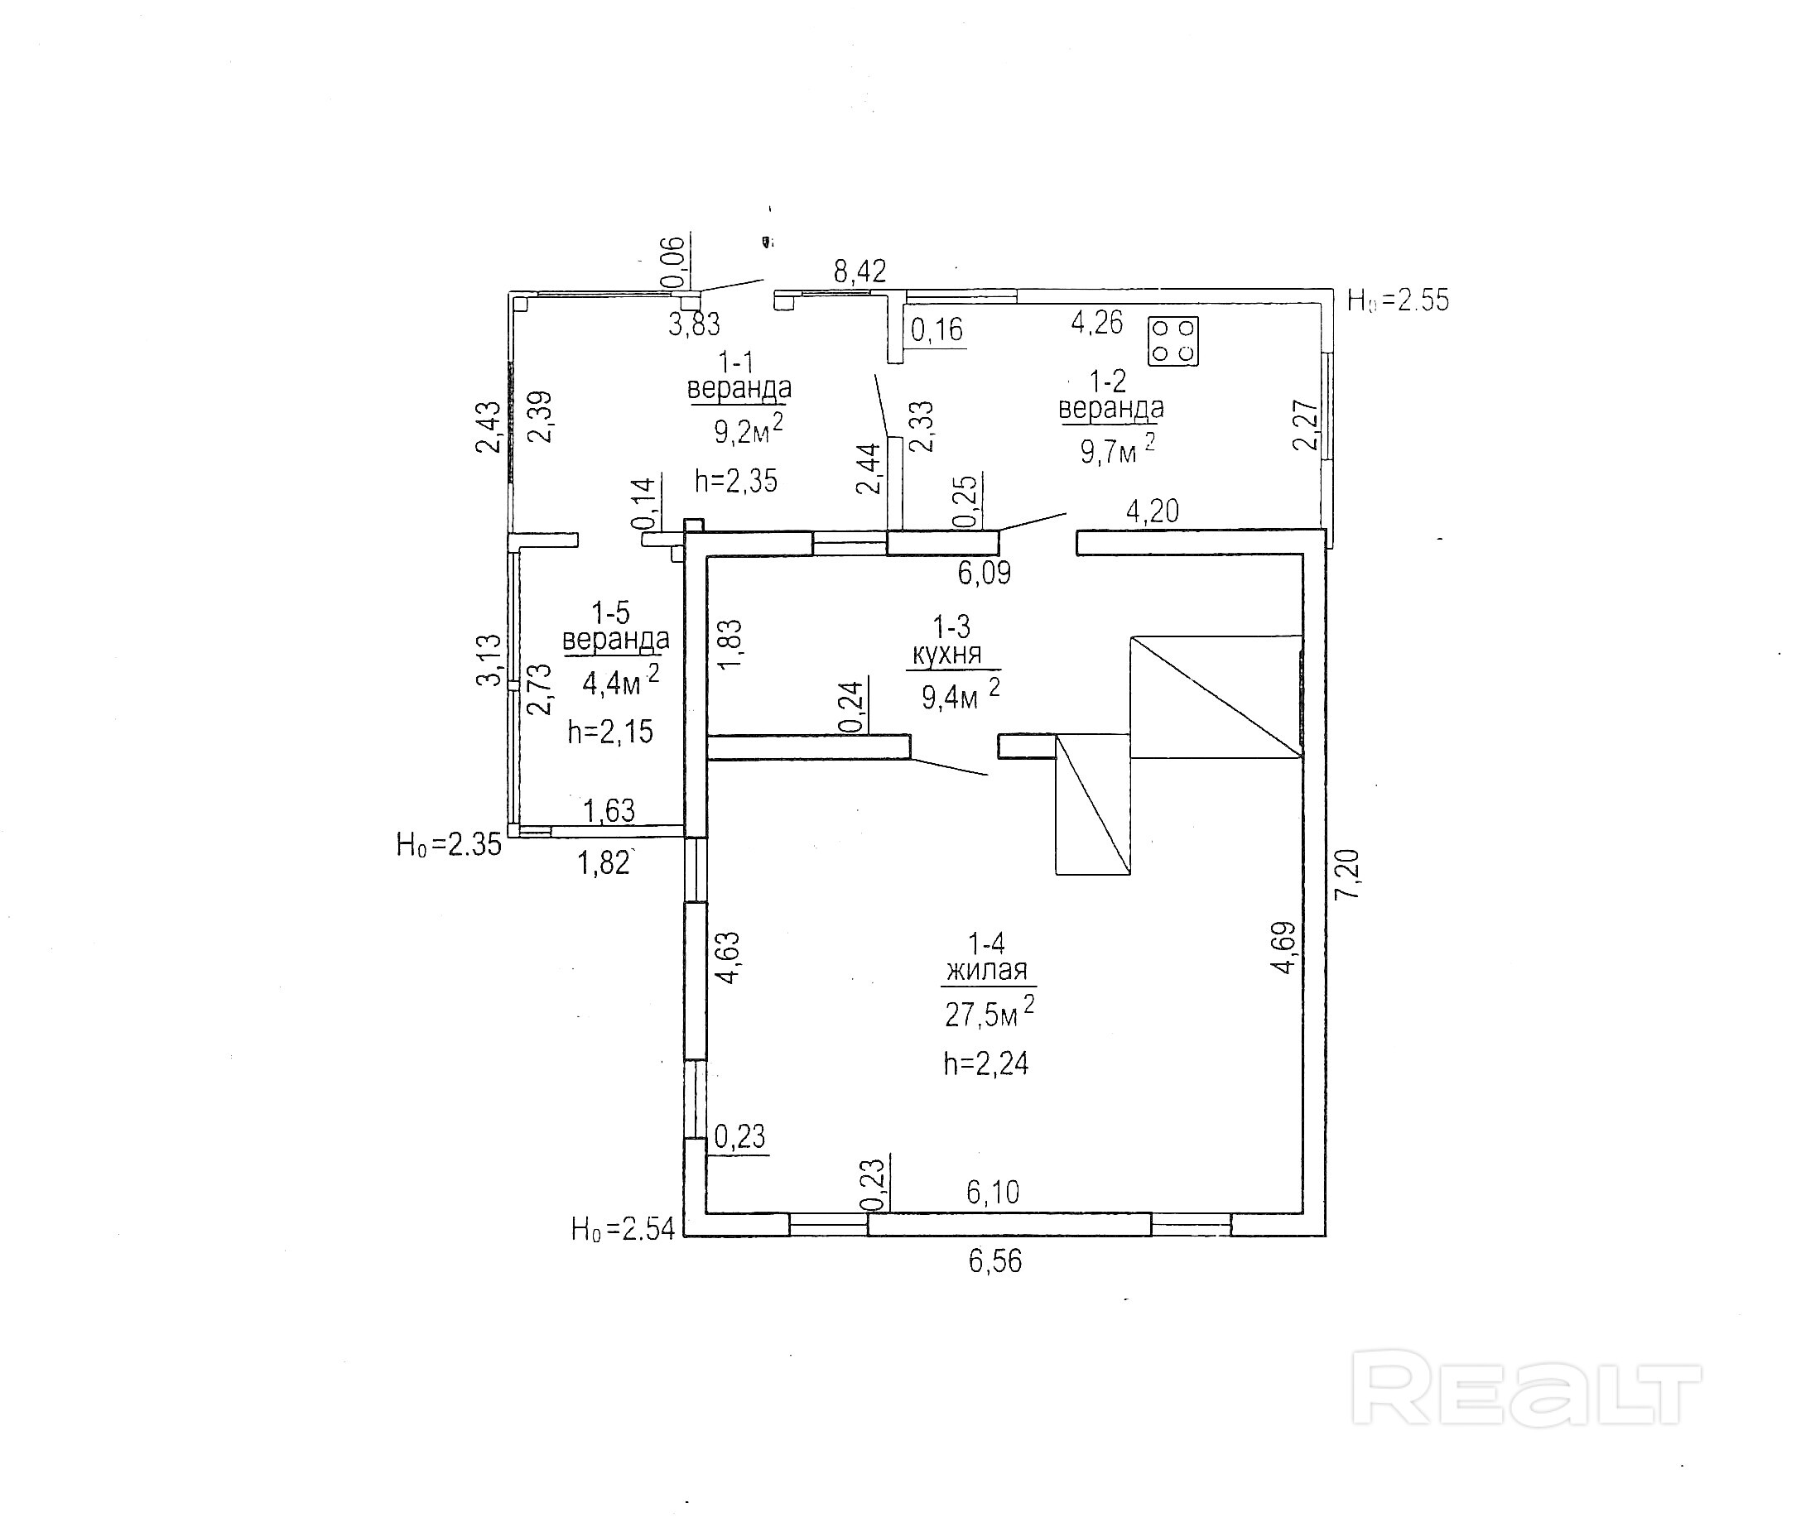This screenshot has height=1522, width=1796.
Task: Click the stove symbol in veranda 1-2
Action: [1172, 341]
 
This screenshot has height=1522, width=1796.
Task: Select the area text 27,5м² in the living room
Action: [989, 1013]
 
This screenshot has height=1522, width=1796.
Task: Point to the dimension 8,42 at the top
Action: [859, 271]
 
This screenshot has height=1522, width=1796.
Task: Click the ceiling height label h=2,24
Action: [985, 1063]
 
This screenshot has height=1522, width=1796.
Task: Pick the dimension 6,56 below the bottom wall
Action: [994, 1261]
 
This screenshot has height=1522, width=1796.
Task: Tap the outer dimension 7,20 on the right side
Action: [1347, 875]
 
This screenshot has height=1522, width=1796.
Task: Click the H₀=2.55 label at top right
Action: [1399, 300]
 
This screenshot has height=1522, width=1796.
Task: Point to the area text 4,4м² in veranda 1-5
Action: [619, 683]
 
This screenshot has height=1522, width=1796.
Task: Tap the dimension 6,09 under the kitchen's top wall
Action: [984, 573]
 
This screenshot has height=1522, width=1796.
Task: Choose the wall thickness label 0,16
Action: [937, 329]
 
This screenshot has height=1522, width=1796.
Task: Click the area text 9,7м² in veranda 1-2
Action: [1117, 449]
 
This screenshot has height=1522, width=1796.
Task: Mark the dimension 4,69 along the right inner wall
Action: [1284, 948]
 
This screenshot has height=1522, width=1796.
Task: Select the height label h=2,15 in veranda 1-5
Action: [610, 732]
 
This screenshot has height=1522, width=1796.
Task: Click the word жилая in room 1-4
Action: [986, 971]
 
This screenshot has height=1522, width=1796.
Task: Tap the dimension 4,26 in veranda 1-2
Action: [1097, 323]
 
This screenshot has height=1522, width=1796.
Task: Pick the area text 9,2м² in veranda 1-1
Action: [748, 430]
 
